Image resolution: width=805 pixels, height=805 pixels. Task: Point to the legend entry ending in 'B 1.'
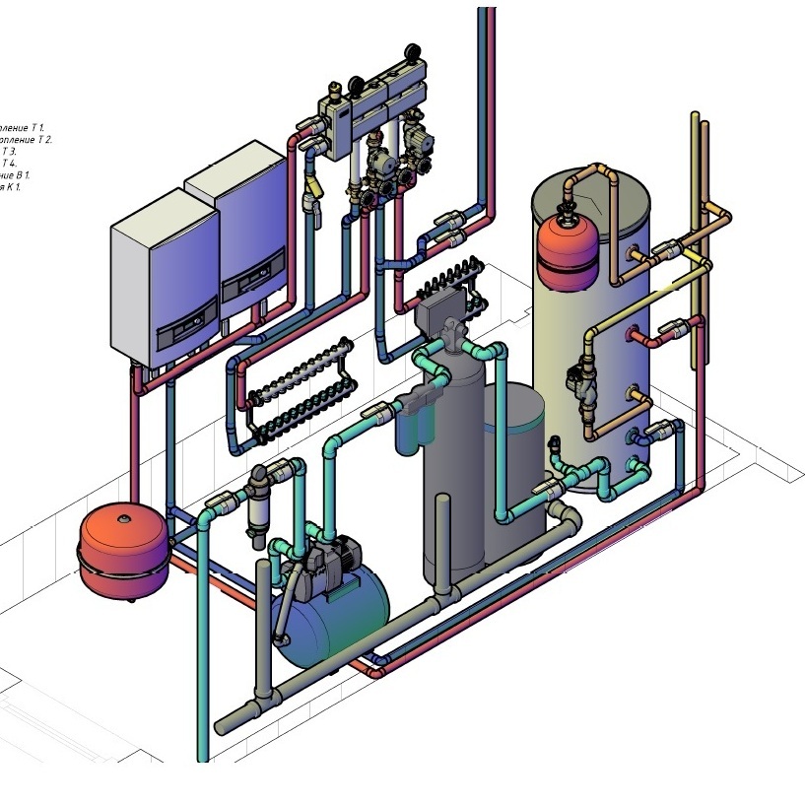tap(15, 174)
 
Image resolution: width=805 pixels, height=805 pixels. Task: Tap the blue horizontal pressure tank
tap(335, 616)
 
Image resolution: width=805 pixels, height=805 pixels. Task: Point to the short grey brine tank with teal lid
tap(514, 473)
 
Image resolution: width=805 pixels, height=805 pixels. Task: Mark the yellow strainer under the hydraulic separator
tap(314, 186)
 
